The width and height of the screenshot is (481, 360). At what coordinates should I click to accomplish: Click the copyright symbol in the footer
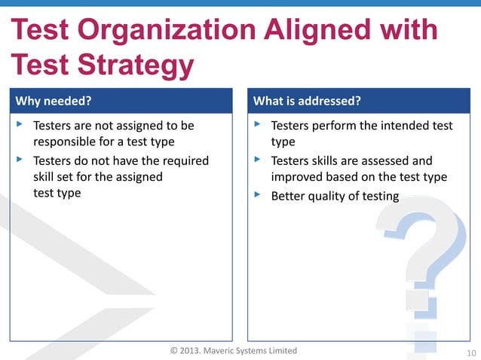(x=174, y=351)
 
